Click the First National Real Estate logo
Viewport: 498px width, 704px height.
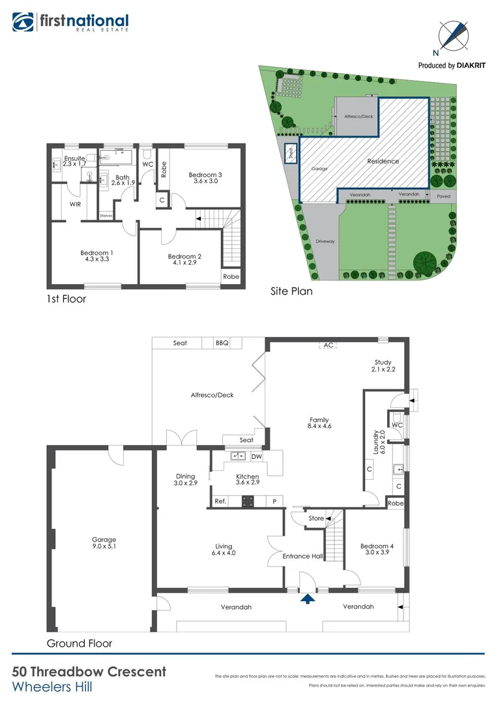70,23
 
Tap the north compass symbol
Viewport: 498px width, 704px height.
453,35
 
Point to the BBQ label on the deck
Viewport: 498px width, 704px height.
222,343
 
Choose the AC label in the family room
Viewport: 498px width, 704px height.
328,345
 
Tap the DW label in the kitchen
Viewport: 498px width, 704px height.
256,457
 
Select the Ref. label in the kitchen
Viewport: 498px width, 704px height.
220,501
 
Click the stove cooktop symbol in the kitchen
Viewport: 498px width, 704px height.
248,501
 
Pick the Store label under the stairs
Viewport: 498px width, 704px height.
316,518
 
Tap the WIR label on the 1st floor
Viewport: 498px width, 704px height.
75,204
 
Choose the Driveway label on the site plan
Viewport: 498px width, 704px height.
325,241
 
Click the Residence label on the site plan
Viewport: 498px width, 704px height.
383,161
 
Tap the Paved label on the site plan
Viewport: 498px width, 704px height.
443,196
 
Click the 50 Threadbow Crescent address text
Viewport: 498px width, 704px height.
89,671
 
